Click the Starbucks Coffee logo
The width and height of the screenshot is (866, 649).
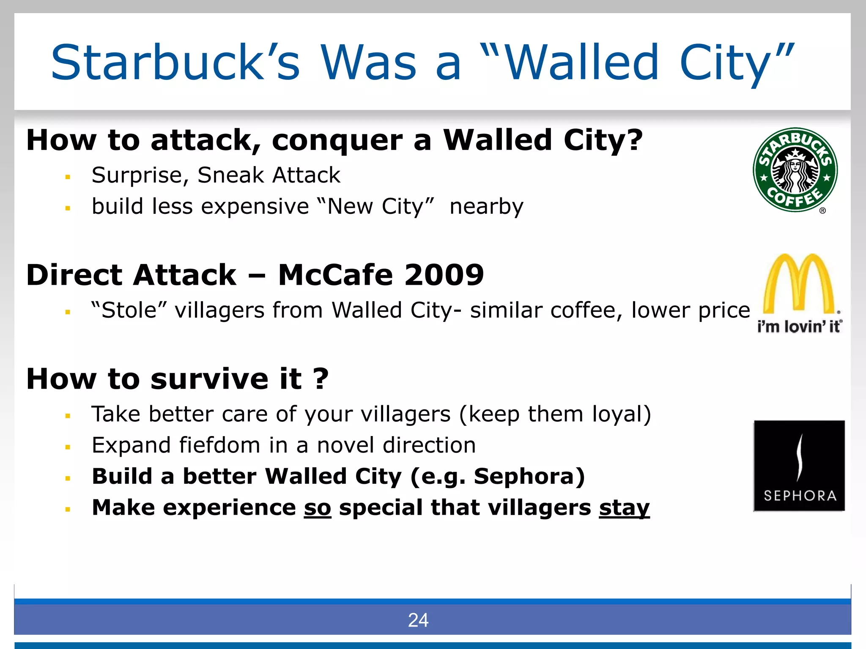click(795, 170)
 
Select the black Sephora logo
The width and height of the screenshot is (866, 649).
click(799, 466)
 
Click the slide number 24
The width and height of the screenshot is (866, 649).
click(418, 620)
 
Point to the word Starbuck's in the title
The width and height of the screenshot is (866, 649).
click(175, 63)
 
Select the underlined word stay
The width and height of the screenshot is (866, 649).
click(624, 507)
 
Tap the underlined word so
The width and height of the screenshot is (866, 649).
click(317, 507)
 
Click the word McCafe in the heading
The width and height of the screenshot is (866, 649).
click(335, 275)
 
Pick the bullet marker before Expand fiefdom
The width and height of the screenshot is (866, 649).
click(68, 447)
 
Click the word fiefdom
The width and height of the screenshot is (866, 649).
click(219, 445)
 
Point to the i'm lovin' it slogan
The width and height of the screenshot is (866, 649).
click(799, 327)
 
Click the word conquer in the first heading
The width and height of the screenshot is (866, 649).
click(337, 140)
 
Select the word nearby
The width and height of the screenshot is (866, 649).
click(486, 207)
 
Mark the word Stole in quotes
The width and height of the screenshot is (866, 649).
click(129, 310)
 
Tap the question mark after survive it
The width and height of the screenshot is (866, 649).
click(321, 379)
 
